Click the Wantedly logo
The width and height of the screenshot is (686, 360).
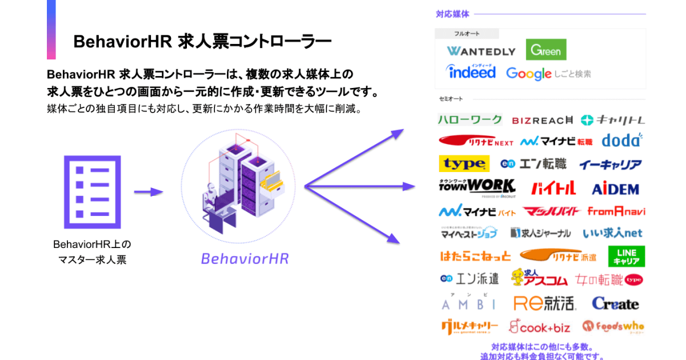tap(481, 51)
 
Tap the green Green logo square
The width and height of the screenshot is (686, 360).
tap(546, 50)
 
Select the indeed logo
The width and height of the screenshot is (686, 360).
tap(471, 72)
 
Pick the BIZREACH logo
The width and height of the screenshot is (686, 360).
tap(542, 120)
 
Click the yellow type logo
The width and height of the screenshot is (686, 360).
tap(464, 164)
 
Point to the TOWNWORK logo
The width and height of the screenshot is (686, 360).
tap(477, 186)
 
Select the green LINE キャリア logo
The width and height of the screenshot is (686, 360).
tap(627, 256)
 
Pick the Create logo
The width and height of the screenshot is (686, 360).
tap(615, 303)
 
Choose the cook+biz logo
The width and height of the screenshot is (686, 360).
tap(540, 327)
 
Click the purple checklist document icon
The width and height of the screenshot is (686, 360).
tap(92, 191)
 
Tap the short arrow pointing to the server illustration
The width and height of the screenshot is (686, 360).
tap(148, 192)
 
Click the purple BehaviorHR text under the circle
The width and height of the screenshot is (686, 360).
tap(245, 258)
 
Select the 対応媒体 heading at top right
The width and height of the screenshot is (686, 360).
tap(452, 14)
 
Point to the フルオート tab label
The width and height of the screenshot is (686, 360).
tap(466, 34)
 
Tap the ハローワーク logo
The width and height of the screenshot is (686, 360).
tap(470, 119)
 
